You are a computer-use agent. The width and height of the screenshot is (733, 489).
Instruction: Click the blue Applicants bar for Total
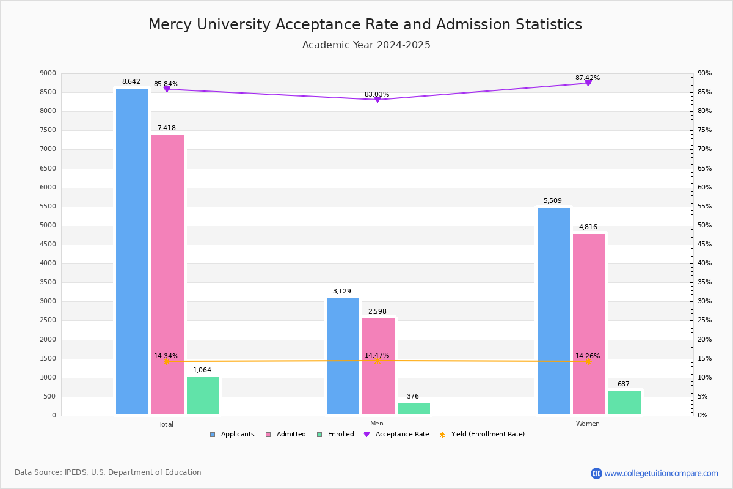(x=132, y=251)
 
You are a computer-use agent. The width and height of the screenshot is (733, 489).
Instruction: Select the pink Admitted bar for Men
(x=378, y=366)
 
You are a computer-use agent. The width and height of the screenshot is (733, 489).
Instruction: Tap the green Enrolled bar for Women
(x=624, y=403)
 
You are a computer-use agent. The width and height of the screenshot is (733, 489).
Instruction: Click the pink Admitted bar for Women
(x=589, y=324)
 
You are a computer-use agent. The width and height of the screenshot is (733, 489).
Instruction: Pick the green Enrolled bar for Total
(x=203, y=395)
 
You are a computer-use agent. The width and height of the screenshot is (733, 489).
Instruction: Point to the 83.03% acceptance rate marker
(x=377, y=99)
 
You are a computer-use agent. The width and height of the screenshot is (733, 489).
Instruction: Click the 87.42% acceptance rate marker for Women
(x=588, y=83)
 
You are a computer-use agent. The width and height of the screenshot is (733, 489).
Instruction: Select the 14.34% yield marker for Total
(x=167, y=361)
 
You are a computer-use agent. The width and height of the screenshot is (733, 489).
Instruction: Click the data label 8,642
(x=131, y=81)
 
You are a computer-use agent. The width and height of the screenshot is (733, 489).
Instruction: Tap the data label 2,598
(x=377, y=311)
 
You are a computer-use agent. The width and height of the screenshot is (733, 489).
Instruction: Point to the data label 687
(x=623, y=384)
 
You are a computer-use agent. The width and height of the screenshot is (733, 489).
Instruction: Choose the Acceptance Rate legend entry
(x=396, y=434)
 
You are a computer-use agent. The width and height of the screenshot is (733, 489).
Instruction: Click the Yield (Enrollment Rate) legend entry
(x=482, y=434)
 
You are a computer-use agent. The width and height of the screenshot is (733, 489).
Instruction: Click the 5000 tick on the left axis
(x=48, y=225)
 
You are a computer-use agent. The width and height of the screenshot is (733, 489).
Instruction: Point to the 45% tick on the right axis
(x=704, y=244)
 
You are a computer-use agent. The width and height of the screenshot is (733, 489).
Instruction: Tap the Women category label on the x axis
(x=588, y=424)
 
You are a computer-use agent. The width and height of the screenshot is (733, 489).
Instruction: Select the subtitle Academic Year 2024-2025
(x=366, y=45)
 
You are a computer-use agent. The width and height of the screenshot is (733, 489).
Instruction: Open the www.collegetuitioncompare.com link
(x=661, y=473)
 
